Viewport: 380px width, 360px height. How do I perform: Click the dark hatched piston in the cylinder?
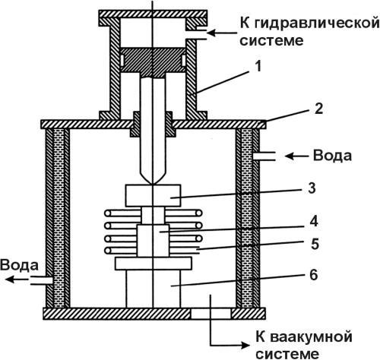pyautogui.click(x=152, y=60)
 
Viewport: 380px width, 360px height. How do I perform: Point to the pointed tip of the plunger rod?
pyautogui.click(x=152, y=180)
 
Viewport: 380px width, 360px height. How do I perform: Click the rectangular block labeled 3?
pyautogui.click(x=152, y=195)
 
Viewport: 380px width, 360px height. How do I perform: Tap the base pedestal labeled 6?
pyautogui.click(x=152, y=288)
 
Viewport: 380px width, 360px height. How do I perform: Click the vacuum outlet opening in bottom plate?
pyautogui.click(x=210, y=313)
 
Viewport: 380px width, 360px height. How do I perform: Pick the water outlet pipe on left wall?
pyautogui.click(x=42, y=280)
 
